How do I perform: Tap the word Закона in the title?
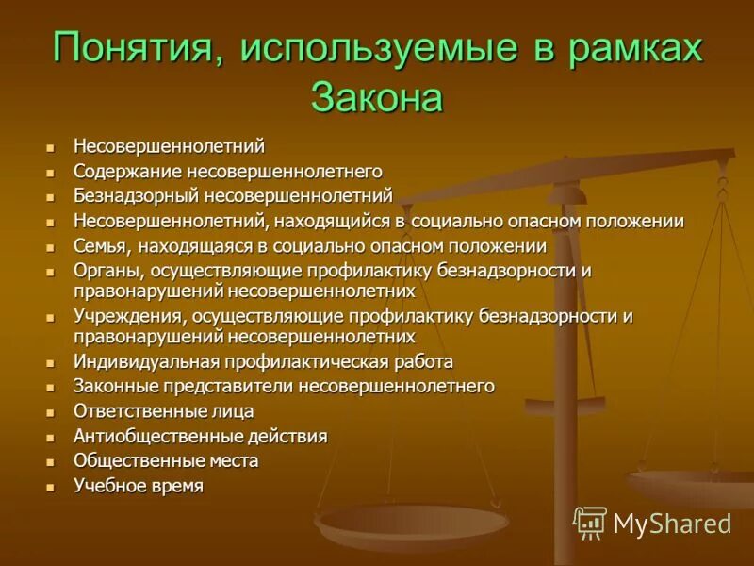click(x=376, y=98)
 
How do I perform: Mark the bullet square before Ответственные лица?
click(x=52, y=412)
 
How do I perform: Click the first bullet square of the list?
click(x=52, y=148)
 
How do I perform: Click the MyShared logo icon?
click(x=590, y=523)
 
